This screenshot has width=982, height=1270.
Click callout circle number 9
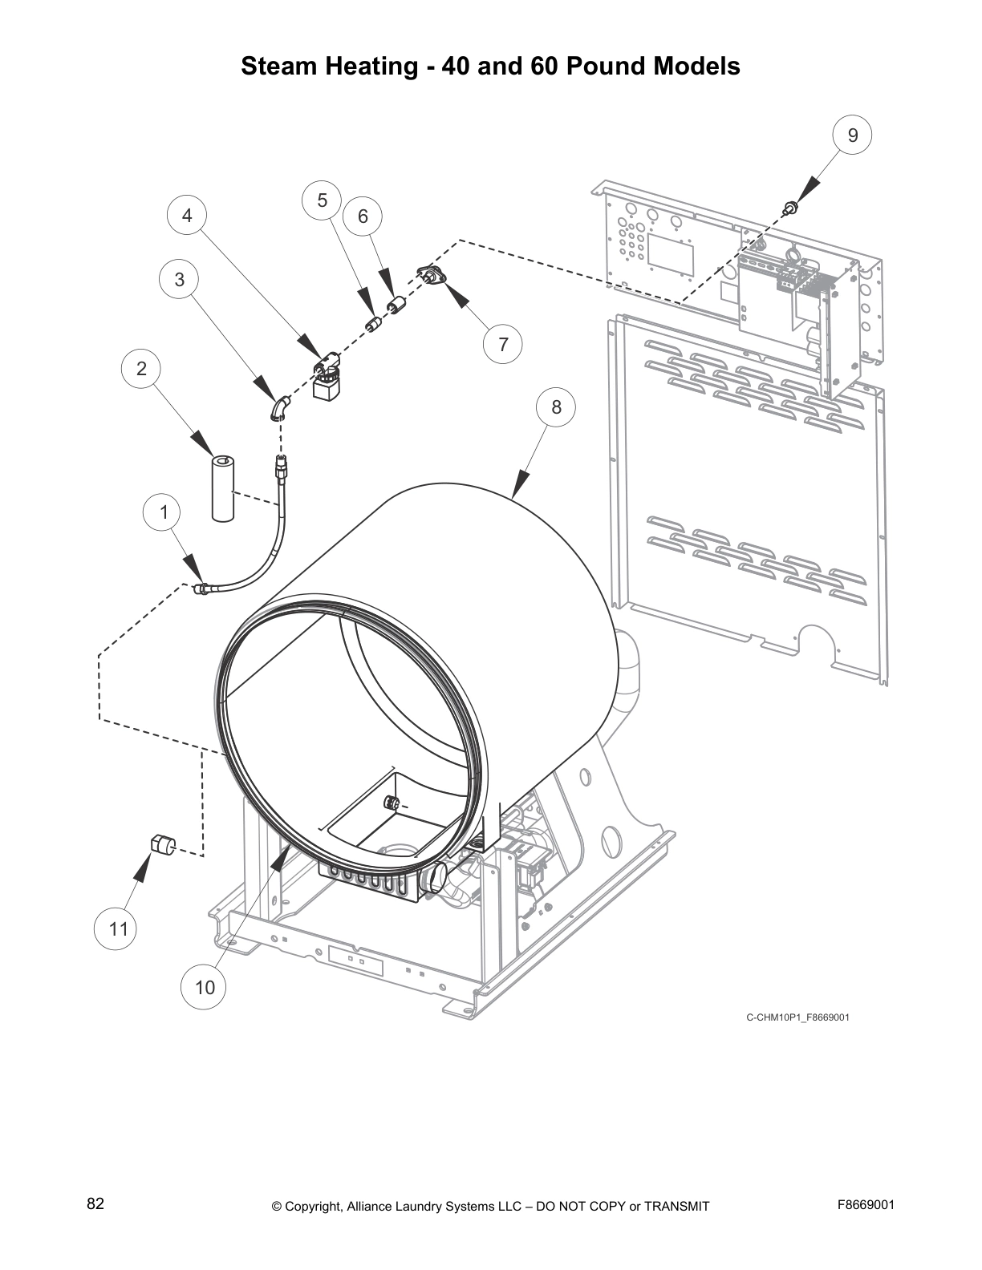coord(852,135)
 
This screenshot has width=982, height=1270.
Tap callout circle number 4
coord(187,216)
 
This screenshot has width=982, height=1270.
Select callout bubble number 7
coord(503,344)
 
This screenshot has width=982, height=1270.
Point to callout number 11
coord(118,929)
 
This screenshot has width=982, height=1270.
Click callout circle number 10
coord(205,987)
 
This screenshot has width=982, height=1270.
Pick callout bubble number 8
coord(556,407)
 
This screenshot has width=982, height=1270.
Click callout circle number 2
coord(141,369)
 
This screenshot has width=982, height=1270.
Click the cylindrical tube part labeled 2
coord(222,489)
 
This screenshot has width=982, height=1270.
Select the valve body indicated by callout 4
coord(327,380)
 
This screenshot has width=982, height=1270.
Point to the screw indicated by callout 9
coord(790,208)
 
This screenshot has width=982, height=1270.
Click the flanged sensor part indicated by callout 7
coord(432,277)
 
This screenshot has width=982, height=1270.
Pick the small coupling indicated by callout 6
coord(395,306)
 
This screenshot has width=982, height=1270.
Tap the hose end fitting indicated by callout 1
coord(203,589)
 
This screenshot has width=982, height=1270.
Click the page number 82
coord(95,1203)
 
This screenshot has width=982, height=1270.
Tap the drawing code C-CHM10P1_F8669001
coord(797,1017)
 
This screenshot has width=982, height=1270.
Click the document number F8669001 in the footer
coord(866,1204)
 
